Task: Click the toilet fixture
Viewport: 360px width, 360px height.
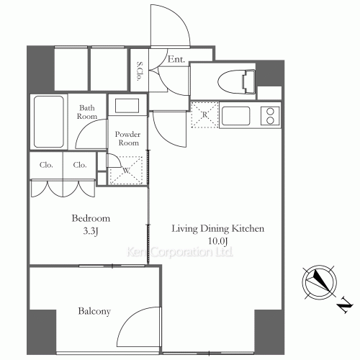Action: pyautogui.click(x=236, y=81)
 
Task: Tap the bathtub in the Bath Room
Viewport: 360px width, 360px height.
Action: pyautogui.click(x=49, y=122)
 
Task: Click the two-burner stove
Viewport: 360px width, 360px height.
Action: pyautogui.click(x=270, y=116)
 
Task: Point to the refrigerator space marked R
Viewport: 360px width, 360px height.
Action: pyautogui.click(x=204, y=114)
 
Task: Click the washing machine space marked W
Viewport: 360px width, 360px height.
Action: pyautogui.click(x=126, y=171)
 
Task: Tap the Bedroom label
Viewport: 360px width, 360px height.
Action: pyautogui.click(x=91, y=218)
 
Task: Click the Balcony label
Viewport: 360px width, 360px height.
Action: pyautogui.click(x=94, y=311)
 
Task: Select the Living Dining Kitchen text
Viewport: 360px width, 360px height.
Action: pyautogui.click(x=218, y=228)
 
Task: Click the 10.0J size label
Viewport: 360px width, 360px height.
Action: pyautogui.click(x=217, y=241)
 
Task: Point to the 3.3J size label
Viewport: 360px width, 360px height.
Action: pyautogui.click(x=91, y=231)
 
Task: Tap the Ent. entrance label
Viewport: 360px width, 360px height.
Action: pyautogui.click(x=176, y=59)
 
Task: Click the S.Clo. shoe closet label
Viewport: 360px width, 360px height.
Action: pyautogui.click(x=139, y=71)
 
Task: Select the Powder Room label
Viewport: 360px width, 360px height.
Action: pyautogui.click(x=127, y=138)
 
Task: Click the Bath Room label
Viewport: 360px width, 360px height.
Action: pyautogui.click(x=87, y=112)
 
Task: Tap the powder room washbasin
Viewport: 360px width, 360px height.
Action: pyautogui.click(x=127, y=106)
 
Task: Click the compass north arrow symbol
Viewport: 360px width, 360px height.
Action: pyautogui.click(x=319, y=282)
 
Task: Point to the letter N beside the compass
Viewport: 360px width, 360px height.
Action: pyautogui.click(x=345, y=305)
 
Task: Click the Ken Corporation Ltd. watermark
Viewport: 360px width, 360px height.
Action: pyautogui.click(x=179, y=252)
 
